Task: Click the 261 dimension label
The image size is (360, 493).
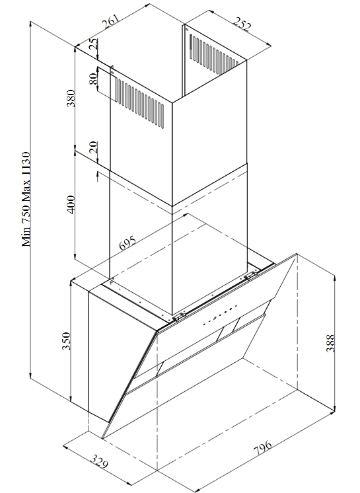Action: coord(110,22)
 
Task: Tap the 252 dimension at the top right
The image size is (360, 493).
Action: coord(242,24)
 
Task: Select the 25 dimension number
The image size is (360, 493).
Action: coord(93,44)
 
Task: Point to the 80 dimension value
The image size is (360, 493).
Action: coord(93,79)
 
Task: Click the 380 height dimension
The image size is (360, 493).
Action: coord(71,98)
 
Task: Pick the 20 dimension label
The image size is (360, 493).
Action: coord(93,147)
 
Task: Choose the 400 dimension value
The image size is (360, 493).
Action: coord(71,204)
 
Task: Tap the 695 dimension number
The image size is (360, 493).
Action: coord(127,243)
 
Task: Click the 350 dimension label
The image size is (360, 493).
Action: coord(66,341)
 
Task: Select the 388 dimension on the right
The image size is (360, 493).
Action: coord(330,343)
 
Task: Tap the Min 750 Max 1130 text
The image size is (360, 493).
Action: coord(26,200)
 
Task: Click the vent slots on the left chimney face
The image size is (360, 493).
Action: coord(139,103)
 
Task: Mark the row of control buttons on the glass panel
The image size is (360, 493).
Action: coord(219,315)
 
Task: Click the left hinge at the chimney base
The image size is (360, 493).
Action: coord(178,317)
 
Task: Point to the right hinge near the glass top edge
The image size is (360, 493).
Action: coord(250,276)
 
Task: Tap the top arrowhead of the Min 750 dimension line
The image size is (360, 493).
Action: coord(30,24)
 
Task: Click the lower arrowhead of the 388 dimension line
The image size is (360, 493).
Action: coord(334,408)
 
